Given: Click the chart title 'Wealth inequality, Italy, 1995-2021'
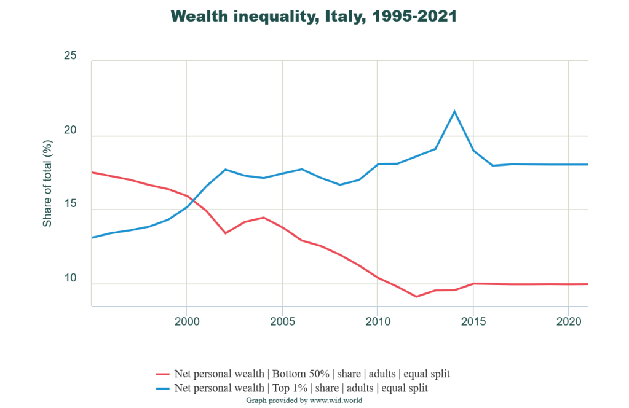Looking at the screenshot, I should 314,17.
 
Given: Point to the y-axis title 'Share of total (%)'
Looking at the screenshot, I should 47,183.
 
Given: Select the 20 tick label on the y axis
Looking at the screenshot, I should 71,131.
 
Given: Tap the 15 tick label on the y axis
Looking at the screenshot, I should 71,205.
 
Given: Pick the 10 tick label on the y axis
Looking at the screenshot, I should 71,279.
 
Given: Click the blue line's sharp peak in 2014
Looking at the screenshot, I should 454,111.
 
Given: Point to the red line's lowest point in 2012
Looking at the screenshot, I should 416,297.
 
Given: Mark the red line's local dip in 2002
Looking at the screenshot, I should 224,233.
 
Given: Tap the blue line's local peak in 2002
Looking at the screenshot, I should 224,169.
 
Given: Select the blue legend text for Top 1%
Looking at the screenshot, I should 301,388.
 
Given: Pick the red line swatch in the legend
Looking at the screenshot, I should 163,374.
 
